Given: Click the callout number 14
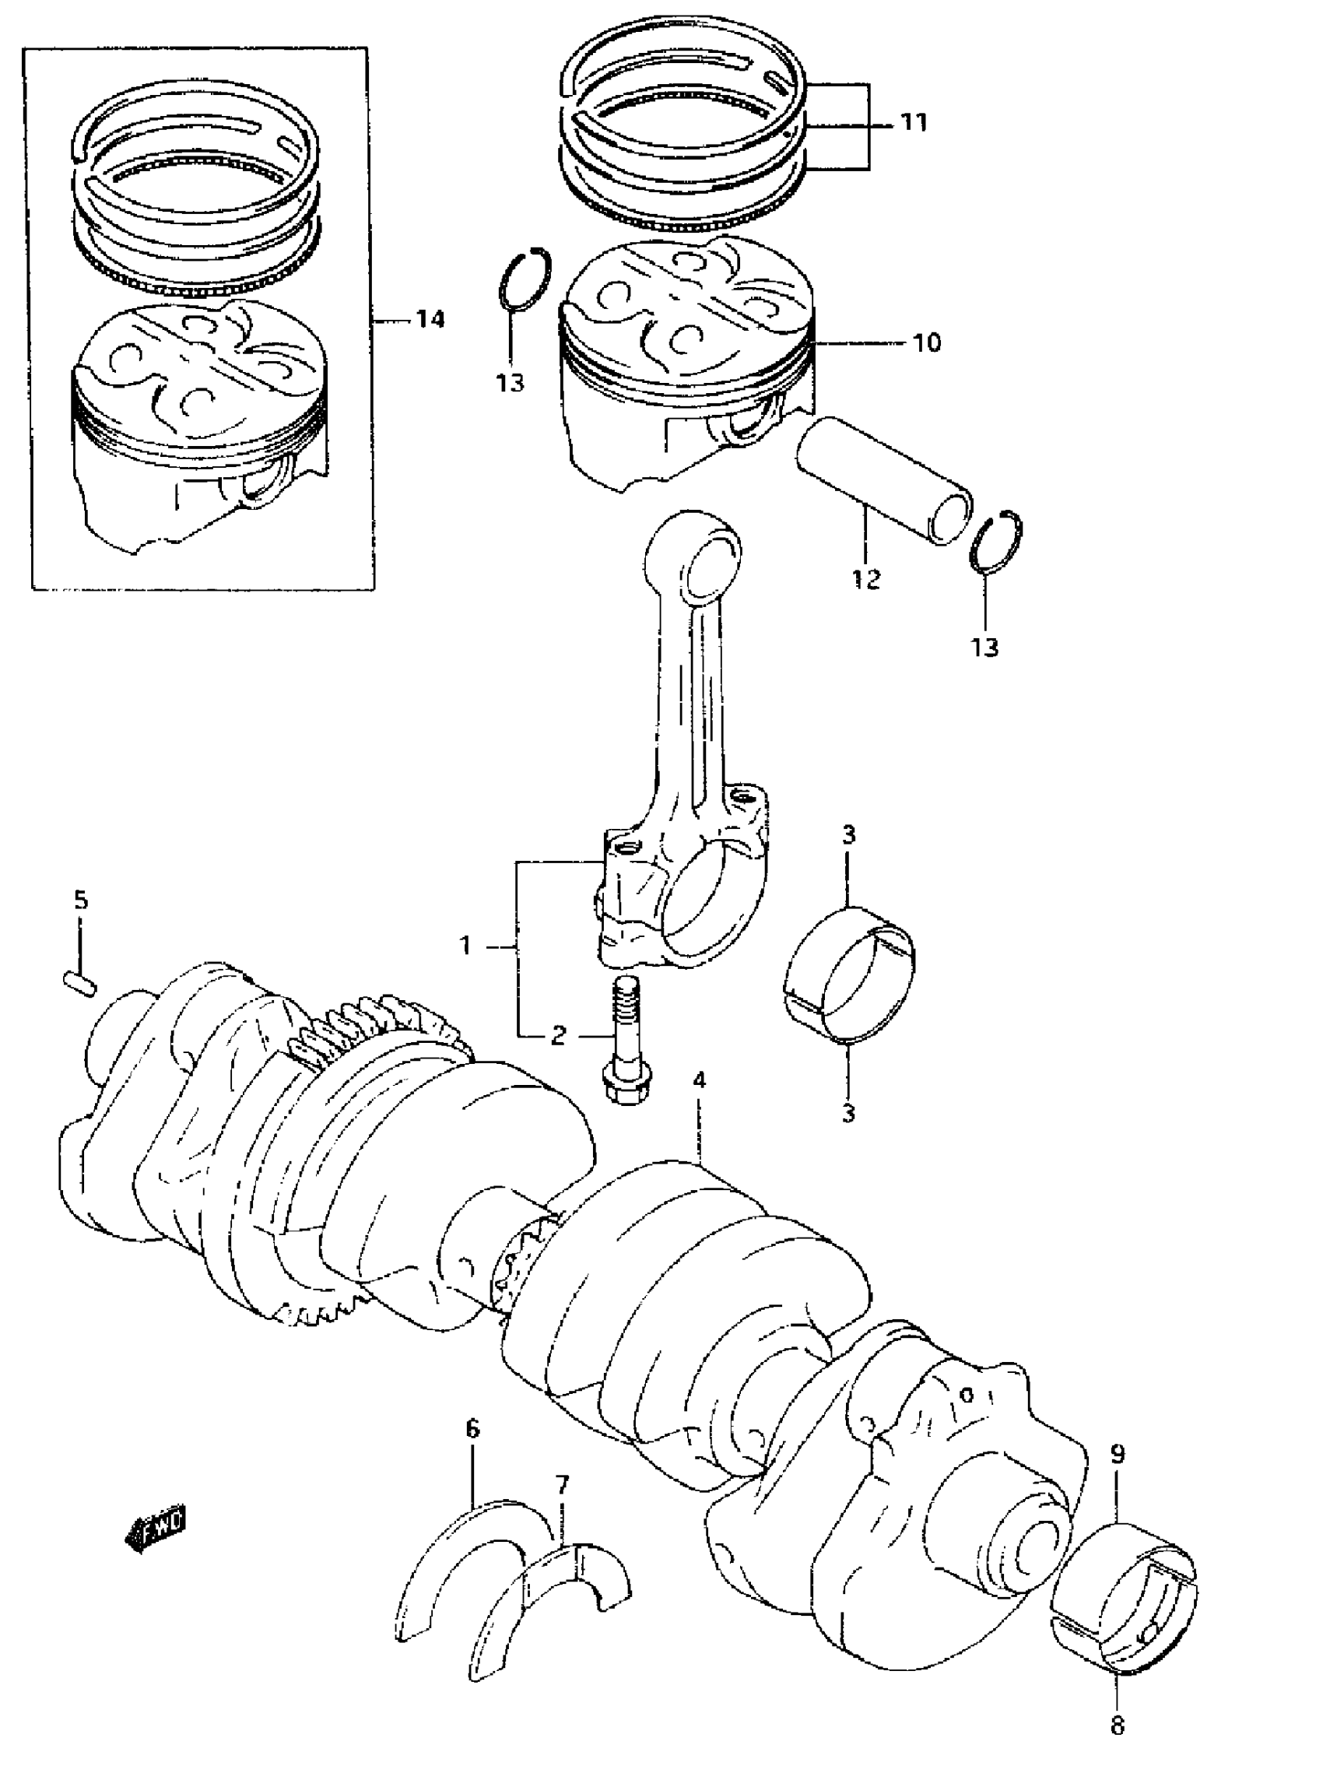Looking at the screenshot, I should (430, 320).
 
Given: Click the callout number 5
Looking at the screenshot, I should (81, 901).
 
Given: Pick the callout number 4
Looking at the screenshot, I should (699, 1080).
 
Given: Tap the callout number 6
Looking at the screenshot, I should (472, 1428).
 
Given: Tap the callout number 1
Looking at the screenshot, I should (465, 946).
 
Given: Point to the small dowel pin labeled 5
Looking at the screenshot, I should (80, 983).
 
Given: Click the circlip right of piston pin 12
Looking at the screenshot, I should (995, 542).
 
